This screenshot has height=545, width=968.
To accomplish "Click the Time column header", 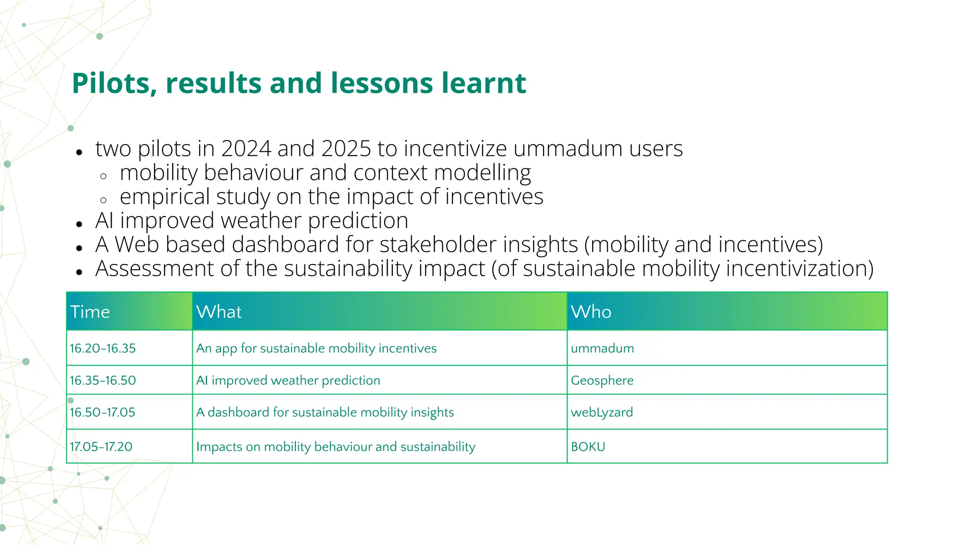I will click(x=90, y=312).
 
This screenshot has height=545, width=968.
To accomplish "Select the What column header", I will click(x=219, y=312).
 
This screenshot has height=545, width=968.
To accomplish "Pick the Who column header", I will click(x=591, y=312).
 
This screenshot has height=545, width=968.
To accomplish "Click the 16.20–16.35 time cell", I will click(x=103, y=349).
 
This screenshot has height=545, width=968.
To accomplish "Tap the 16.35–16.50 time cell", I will click(x=103, y=380).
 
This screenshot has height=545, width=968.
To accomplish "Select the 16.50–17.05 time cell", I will click(x=103, y=412).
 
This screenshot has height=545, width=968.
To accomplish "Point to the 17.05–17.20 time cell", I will click(x=101, y=447).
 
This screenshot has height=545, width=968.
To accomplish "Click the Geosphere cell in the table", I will click(x=602, y=380).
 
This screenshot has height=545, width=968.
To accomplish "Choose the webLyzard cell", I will click(x=601, y=412).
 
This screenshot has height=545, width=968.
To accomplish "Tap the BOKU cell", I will click(x=588, y=447).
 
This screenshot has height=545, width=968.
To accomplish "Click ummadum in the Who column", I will click(x=602, y=349).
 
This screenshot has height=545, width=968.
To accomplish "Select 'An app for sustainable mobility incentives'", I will click(x=316, y=349).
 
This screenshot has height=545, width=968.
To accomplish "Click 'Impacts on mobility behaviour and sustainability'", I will click(x=336, y=447).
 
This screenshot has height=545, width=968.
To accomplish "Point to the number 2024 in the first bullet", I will click(x=246, y=149).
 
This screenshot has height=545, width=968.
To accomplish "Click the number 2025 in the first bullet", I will click(x=346, y=149).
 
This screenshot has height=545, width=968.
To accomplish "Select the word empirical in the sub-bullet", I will click(x=164, y=197).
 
